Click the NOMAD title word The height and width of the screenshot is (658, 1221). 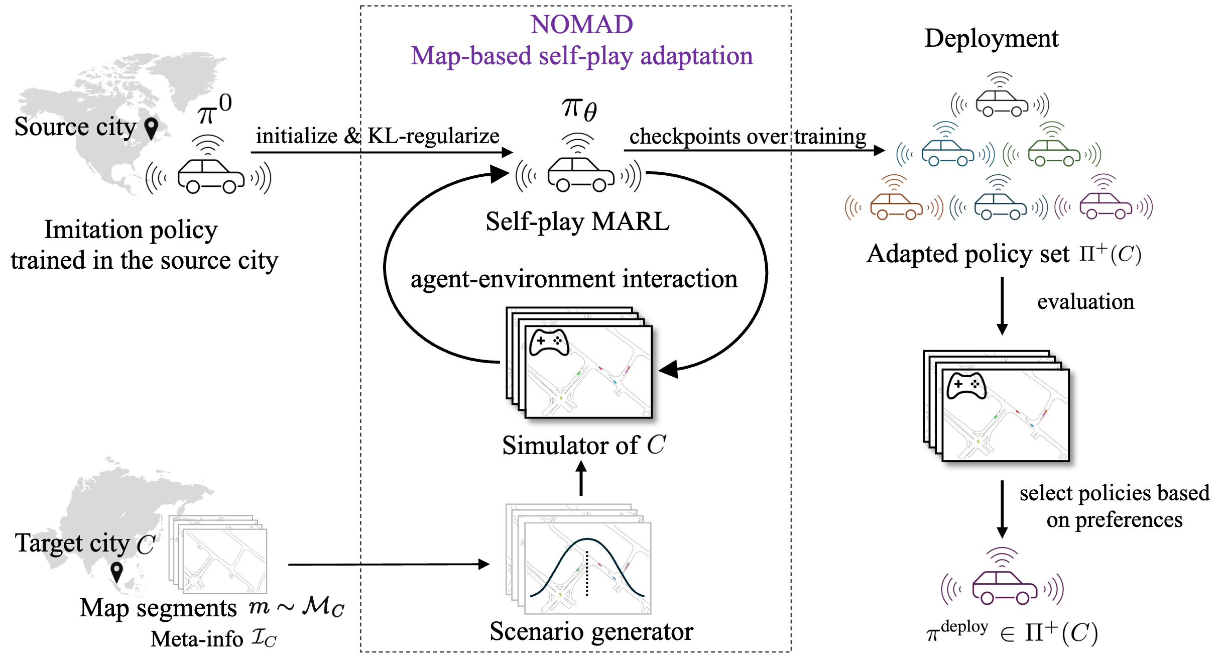(x=581, y=24)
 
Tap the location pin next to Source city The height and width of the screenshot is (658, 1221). (x=151, y=129)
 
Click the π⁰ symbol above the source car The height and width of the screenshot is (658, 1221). (x=214, y=109)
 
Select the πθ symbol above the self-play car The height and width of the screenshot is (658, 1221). (x=579, y=108)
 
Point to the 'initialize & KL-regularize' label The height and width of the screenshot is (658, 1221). (x=378, y=136)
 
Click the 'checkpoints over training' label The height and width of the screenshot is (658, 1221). (x=748, y=136)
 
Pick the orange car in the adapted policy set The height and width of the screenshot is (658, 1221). (x=896, y=206)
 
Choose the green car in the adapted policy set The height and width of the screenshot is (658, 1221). (x=1053, y=153)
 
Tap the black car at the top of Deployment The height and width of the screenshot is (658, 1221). (x=1001, y=102)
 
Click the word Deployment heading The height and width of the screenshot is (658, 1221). (x=991, y=38)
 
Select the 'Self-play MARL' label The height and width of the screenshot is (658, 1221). (x=577, y=221)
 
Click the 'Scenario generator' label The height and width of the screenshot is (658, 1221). (x=591, y=631)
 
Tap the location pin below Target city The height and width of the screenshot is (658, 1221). (x=116, y=571)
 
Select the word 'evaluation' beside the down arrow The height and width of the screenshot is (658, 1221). (x=1085, y=302)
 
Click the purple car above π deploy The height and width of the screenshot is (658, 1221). (x=1004, y=587)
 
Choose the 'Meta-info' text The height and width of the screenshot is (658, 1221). (x=197, y=639)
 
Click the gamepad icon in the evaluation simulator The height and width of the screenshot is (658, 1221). (x=966, y=386)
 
